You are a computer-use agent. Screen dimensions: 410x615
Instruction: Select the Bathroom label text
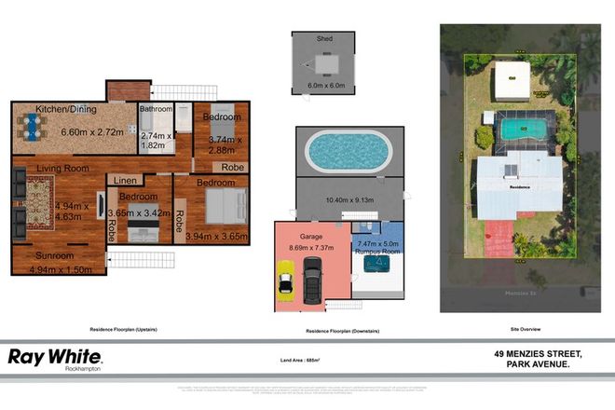(156, 109)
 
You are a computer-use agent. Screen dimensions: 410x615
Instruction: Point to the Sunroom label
(56, 255)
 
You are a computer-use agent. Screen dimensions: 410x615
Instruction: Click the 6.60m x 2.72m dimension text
(91, 132)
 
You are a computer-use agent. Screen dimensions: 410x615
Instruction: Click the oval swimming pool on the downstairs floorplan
(347, 150)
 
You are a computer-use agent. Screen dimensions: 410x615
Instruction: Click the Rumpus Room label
(377, 250)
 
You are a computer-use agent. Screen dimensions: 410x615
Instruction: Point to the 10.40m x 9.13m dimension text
(350, 200)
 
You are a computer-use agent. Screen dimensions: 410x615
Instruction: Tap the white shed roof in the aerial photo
(511, 81)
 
